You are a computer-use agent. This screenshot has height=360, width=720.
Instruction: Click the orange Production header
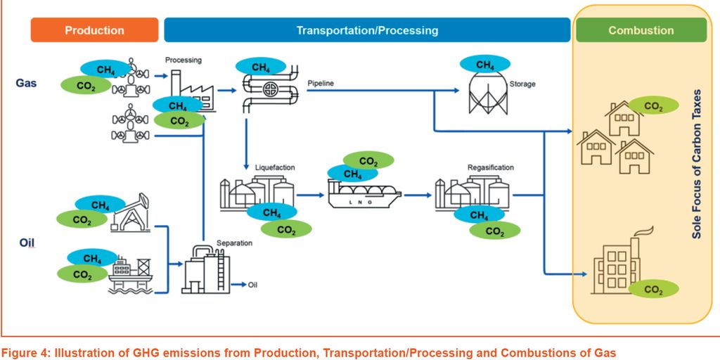click(x=94, y=30)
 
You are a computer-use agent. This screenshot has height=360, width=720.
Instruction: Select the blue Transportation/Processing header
click(x=367, y=30)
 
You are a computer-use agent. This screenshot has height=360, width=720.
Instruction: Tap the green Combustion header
click(x=641, y=30)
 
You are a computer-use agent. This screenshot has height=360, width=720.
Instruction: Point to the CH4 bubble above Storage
click(x=485, y=65)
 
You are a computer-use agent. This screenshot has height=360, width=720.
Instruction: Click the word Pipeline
click(x=321, y=84)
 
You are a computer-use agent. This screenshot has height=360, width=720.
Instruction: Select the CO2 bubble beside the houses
click(x=653, y=106)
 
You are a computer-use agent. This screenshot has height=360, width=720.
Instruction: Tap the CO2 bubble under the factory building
click(x=653, y=289)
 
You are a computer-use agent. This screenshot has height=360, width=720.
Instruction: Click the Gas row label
click(x=26, y=83)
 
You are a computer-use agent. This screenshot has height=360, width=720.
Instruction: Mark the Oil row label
click(x=25, y=243)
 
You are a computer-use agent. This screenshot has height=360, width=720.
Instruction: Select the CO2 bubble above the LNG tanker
click(x=368, y=161)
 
